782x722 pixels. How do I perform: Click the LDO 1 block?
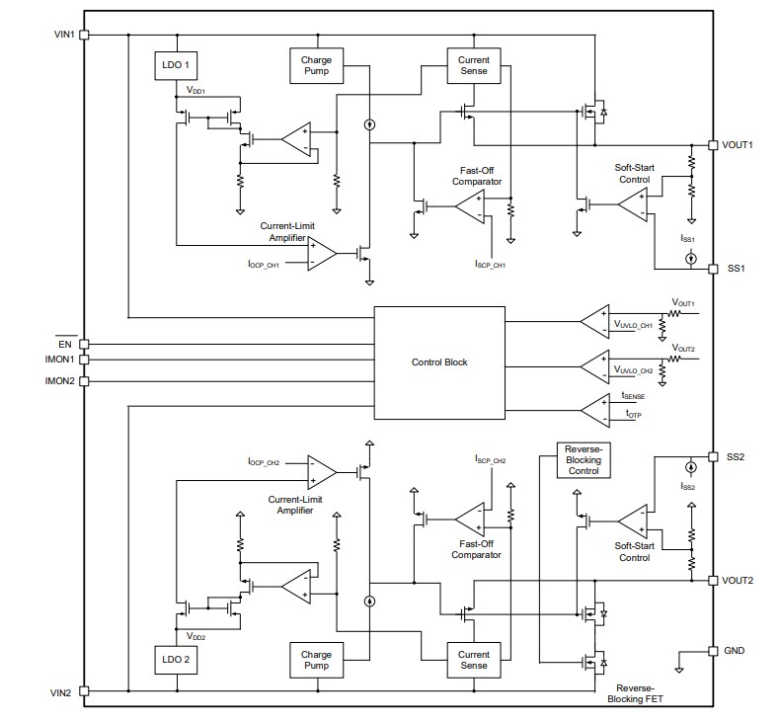point(177,66)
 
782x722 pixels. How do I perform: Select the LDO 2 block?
point(177,659)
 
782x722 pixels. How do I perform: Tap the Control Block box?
point(439,362)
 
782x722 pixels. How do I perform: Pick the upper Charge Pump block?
point(316,66)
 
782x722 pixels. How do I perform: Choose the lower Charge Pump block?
point(316,659)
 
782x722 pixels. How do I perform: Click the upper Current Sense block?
point(474,66)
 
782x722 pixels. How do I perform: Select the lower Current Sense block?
point(474,659)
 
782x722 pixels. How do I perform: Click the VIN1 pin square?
point(84,35)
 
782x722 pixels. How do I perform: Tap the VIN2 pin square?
point(84,691)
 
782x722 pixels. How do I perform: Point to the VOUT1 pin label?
point(738,144)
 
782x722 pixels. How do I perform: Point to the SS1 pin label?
point(735,269)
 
